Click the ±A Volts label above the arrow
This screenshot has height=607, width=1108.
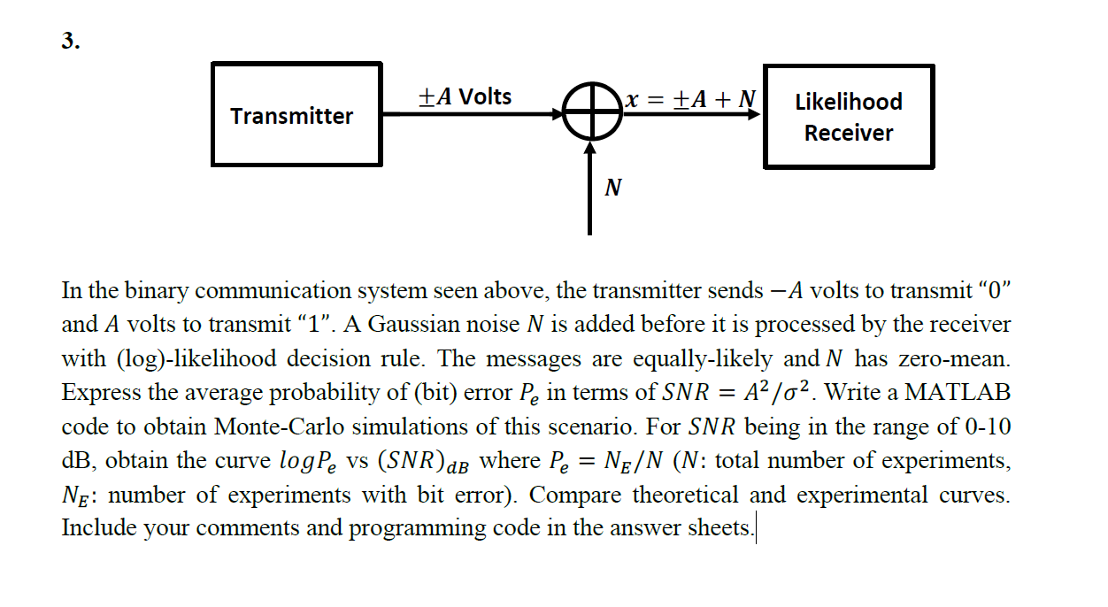point(465,96)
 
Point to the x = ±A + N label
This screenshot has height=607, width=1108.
point(690,98)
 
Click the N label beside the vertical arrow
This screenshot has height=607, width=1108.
point(613,188)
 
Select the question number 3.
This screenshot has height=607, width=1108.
point(71,40)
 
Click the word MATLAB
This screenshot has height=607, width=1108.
point(958,392)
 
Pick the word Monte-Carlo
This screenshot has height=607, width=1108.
point(279,426)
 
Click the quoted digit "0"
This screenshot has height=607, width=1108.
point(994,290)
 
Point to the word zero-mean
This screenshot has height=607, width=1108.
point(954,358)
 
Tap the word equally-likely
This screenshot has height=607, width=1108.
point(703,358)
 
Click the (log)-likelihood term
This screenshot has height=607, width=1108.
point(196,358)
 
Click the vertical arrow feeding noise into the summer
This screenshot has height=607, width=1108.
point(589,188)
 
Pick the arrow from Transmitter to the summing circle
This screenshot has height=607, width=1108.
point(473,114)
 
